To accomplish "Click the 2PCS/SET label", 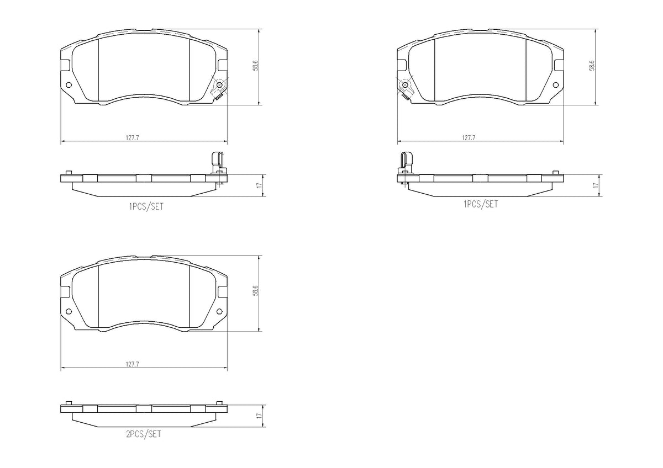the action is pyautogui.click(x=144, y=434).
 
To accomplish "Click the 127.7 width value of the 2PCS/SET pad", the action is pyautogui.click(x=132, y=364).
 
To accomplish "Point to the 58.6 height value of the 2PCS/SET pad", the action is pyautogui.click(x=256, y=290).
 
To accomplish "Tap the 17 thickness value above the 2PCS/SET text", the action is pyautogui.click(x=260, y=416).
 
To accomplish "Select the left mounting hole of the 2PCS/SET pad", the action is pyautogui.click(x=69, y=311).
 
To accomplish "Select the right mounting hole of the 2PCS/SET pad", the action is pyautogui.click(x=219, y=311).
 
